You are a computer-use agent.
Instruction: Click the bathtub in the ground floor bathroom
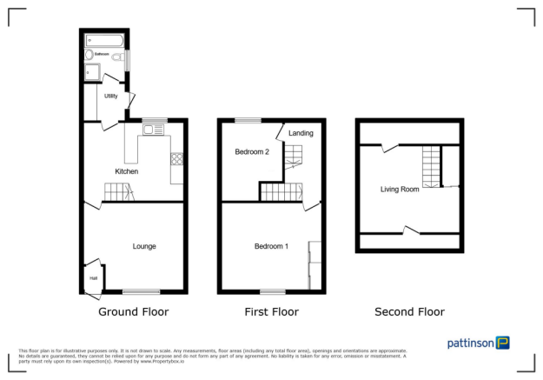pyautogui.click(x=104, y=40)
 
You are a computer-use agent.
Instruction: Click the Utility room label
pyautogui.click(x=111, y=97)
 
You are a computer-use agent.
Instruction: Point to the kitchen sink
pyautogui.click(x=153, y=130)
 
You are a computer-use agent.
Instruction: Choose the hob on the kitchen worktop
pyautogui.click(x=177, y=158)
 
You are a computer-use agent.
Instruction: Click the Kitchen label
pyautogui.click(x=128, y=171)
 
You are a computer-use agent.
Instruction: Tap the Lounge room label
pyautogui.click(x=144, y=246)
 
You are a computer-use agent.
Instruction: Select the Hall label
pyautogui.click(x=92, y=278)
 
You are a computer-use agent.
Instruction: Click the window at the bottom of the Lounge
pyautogui.click(x=141, y=291)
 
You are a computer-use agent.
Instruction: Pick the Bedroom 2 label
pyautogui.click(x=252, y=152)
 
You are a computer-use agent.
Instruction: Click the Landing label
pyautogui.click(x=301, y=133)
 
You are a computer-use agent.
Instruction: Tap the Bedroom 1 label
pyautogui.click(x=271, y=246)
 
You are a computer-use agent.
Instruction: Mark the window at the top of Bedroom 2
pyautogui.click(x=248, y=120)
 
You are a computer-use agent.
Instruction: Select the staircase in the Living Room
pyautogui.click(x=431, y=166)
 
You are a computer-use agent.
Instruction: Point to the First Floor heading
pyautogui.click(x=272, y=311)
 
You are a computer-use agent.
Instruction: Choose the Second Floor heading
pyautogui.click(x=409, y=311)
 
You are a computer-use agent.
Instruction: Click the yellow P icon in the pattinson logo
pyautogui.click(x=502, y=343)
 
